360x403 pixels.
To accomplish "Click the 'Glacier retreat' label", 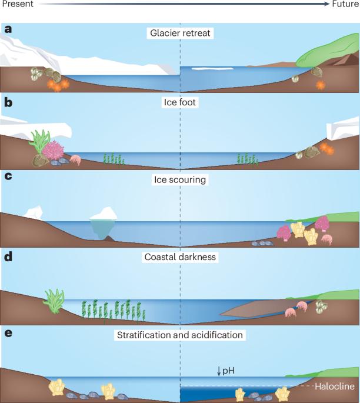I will point(180,33).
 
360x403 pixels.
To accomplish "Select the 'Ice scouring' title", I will point(180,179).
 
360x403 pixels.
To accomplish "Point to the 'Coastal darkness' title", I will point(180,257).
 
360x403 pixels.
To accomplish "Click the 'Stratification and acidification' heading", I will point(180,335).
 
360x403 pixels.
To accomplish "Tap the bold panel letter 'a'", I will point(7,29).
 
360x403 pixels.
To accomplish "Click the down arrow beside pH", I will point(218,371).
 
